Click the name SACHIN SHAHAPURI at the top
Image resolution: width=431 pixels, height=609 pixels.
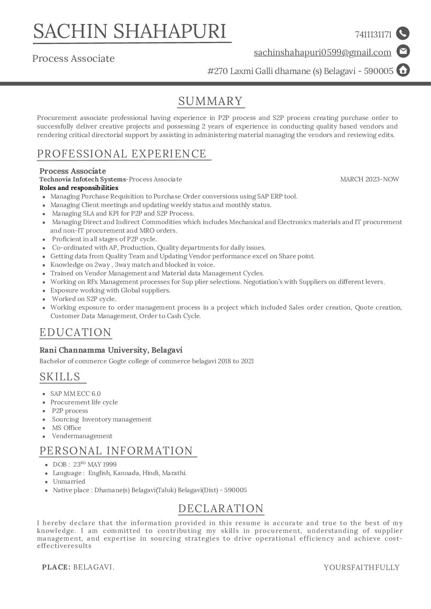(130, 31)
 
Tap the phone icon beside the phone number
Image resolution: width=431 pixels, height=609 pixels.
(403, 33)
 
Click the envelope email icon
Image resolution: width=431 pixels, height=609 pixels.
(403, 52)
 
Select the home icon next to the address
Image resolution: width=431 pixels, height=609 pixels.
(403, 70)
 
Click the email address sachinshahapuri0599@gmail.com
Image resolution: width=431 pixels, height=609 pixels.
(322, 52)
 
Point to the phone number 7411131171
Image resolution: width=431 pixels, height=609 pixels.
(373, 35)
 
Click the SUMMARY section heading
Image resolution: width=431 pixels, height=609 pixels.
(210, 101)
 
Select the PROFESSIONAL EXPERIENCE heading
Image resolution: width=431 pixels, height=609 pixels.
(122, 154)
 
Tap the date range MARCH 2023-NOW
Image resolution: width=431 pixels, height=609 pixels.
(370, 179)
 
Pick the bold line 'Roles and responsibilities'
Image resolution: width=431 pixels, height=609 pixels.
(79, 188)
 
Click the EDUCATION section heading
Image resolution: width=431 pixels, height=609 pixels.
(75, 332)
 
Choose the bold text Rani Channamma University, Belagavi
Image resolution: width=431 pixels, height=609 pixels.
(111, 350)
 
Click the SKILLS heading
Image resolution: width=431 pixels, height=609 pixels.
(60, 377)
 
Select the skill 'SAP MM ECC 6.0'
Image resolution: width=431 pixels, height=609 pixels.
(75, 394)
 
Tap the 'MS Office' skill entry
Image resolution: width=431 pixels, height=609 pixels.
(66, 428)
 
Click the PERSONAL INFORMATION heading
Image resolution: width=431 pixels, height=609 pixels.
(116, 451)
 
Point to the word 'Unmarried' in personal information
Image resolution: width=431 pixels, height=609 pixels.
(69, 482)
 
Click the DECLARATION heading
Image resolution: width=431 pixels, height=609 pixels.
(221, 509)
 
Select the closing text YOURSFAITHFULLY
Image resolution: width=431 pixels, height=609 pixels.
(361, 568)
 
